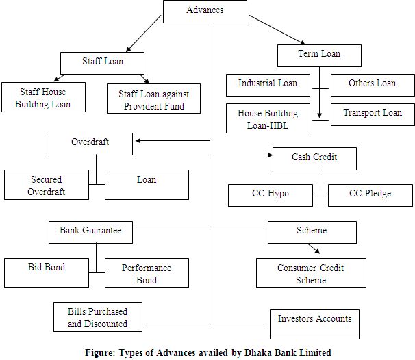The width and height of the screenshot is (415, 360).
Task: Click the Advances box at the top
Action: pyautogui.click(x=205, y=11)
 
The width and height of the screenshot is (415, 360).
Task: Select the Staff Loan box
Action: pyautogui.click(x=103, y=62)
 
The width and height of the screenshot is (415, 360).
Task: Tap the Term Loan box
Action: pyautogui.click(x=319, y=55)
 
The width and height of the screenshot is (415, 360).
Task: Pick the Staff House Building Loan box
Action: pyautogui.click(x=42, y=98)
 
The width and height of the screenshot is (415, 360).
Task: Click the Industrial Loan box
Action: pyautogui.click(x=268, y=84)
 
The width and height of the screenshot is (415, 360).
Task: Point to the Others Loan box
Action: pyautogui.click(x=373, y=84)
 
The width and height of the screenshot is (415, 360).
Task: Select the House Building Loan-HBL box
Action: pyautogui.click(x=268, y=118)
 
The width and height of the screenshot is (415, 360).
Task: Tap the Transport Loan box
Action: pyautogui.click(x=373, y=114)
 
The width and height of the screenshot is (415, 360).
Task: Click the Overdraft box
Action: pyautogui.click(x=90, y=144)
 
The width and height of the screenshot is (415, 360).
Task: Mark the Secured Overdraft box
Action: pyautogui.click(x=47, y=185)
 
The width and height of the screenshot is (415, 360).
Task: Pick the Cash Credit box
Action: pyautogui.click(x=314, y=159)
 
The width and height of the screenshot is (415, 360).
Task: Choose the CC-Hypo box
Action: pyautogui.click(x=270, y=194)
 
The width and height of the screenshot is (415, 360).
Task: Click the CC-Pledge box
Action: pyautogui.click(x=370, y=194)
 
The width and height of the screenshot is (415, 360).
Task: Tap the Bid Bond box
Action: pyautogui.click(x=45, y=272)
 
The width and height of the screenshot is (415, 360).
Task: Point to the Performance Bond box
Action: pyautogui.click(x=147, y=273)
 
